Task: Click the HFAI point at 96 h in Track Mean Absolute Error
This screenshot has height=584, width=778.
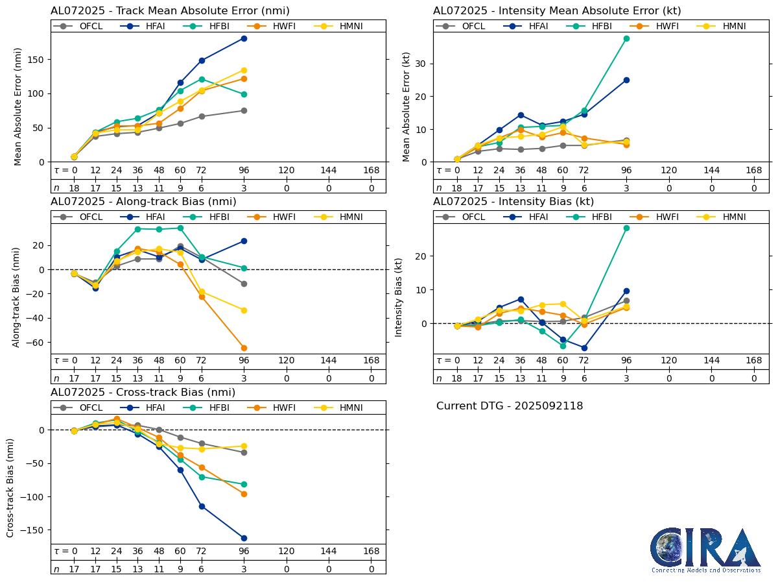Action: click(244, 38)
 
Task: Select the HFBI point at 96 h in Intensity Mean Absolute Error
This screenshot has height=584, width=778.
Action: click(626, 38)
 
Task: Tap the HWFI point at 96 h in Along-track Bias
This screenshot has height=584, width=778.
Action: click(244, 348)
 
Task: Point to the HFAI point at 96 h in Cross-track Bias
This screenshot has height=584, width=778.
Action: click(244, 538)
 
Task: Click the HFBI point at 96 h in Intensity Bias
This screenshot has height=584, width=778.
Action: click(626, 228)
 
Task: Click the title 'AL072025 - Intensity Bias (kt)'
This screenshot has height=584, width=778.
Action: click(513, 202)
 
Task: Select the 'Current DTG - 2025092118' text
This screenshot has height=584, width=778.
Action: click(510, 406)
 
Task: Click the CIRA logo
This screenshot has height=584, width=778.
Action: click(706, 550)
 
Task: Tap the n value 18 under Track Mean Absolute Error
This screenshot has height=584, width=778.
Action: click(74, 188)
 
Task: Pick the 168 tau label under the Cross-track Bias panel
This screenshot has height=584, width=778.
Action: click(371, 551)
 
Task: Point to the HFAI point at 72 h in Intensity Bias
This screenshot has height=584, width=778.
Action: click(584, 348)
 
